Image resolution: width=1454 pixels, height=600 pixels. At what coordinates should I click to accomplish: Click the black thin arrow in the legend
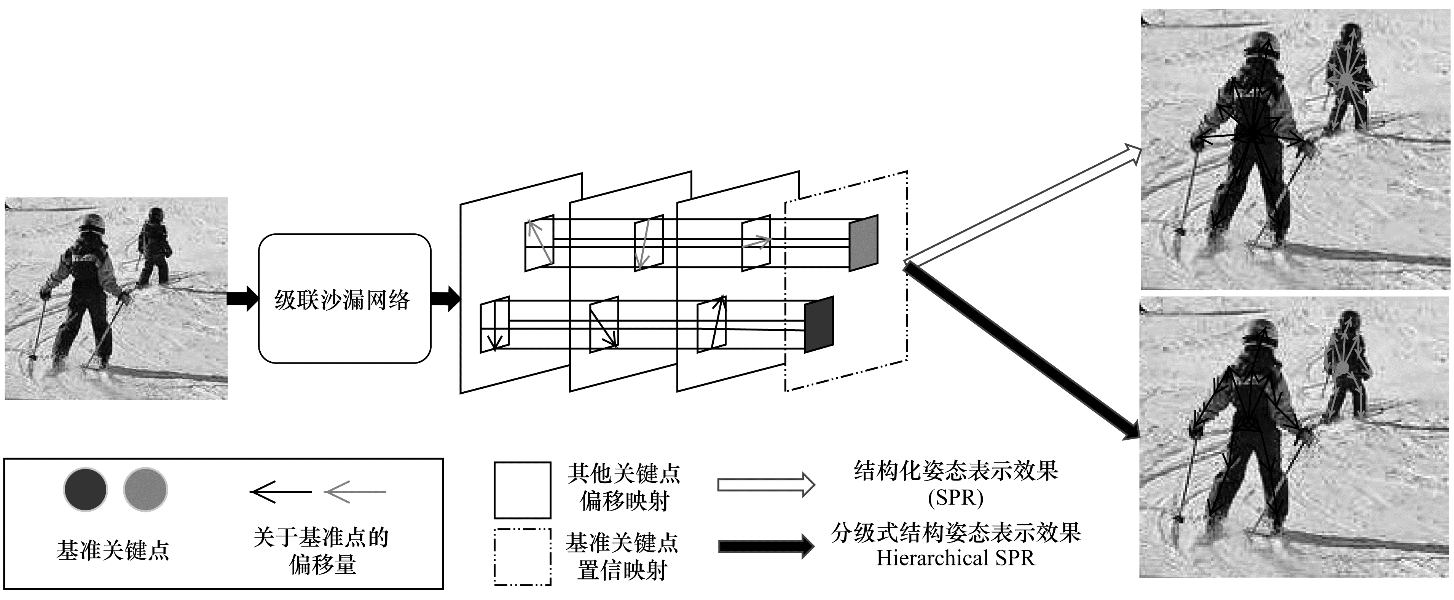click(281, 492)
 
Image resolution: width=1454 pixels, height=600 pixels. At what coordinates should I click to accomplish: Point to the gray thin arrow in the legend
click(355, 492)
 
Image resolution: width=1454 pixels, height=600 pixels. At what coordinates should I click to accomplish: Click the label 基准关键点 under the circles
click(113, 551)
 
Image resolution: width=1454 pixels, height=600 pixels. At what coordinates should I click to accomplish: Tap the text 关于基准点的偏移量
click(321, 551)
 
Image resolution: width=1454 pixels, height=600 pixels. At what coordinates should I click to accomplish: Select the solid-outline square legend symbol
click(522, 490)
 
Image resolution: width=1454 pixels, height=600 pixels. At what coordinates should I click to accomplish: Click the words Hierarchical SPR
click(956, 558)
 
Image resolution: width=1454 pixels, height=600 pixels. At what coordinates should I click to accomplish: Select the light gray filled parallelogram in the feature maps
click(864, 243)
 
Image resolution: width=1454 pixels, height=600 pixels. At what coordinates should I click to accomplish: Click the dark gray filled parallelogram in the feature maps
click(818, 324)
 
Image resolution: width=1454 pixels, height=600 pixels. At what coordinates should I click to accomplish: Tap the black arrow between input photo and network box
click(243, 298)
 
